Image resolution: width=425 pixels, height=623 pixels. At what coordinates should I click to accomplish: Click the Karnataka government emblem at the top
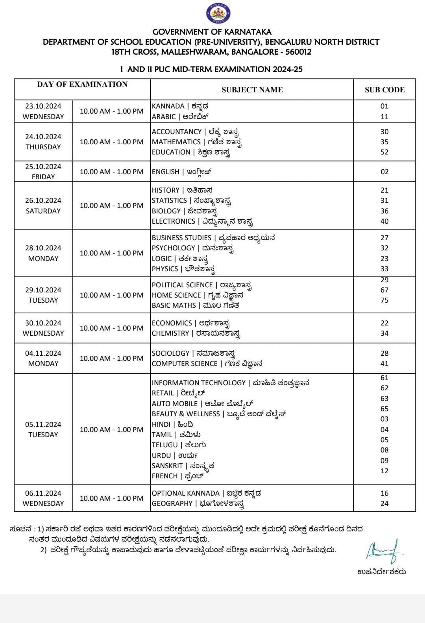218,14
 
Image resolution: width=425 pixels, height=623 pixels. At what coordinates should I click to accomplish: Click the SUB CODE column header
384,90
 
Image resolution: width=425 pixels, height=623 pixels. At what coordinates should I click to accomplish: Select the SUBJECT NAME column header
252,90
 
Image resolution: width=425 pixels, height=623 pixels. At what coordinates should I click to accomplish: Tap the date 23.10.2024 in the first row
43,106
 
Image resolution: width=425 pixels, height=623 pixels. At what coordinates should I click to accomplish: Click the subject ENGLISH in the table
166,172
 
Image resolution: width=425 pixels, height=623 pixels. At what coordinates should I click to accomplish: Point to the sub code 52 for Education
384,152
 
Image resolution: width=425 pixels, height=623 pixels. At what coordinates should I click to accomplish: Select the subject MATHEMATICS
176,142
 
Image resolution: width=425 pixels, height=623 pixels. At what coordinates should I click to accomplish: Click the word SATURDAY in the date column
43,211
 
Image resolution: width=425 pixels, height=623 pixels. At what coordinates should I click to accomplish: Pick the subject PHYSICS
165,269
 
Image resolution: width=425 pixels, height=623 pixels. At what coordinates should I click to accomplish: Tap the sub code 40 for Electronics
384,221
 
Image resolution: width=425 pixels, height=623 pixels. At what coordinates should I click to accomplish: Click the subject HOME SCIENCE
176,295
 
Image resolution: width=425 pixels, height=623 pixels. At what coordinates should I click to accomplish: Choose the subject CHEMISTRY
170,333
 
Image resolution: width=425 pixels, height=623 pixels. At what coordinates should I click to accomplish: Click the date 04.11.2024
43,353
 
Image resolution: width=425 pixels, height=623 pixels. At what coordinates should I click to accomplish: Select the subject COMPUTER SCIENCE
185,364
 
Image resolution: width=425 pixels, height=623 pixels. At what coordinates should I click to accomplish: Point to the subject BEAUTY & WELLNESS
186,414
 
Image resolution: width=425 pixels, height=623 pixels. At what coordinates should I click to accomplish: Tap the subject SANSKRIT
167,466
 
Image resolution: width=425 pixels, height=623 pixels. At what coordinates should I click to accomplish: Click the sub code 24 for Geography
384,504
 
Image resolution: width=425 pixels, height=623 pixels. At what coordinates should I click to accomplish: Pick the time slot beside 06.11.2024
111,498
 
